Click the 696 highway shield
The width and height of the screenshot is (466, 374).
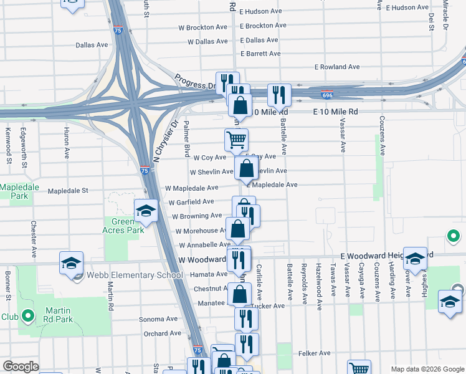(327, 95)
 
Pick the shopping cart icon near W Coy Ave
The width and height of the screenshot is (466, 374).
(237, 140)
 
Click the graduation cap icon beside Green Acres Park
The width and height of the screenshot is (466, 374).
(146, 211)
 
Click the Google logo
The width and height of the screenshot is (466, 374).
(21, 367)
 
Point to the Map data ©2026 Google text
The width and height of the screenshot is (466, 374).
(427, 369)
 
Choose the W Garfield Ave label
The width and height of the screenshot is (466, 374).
(191, 202)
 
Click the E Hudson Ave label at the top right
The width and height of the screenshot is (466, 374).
(407, 7)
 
